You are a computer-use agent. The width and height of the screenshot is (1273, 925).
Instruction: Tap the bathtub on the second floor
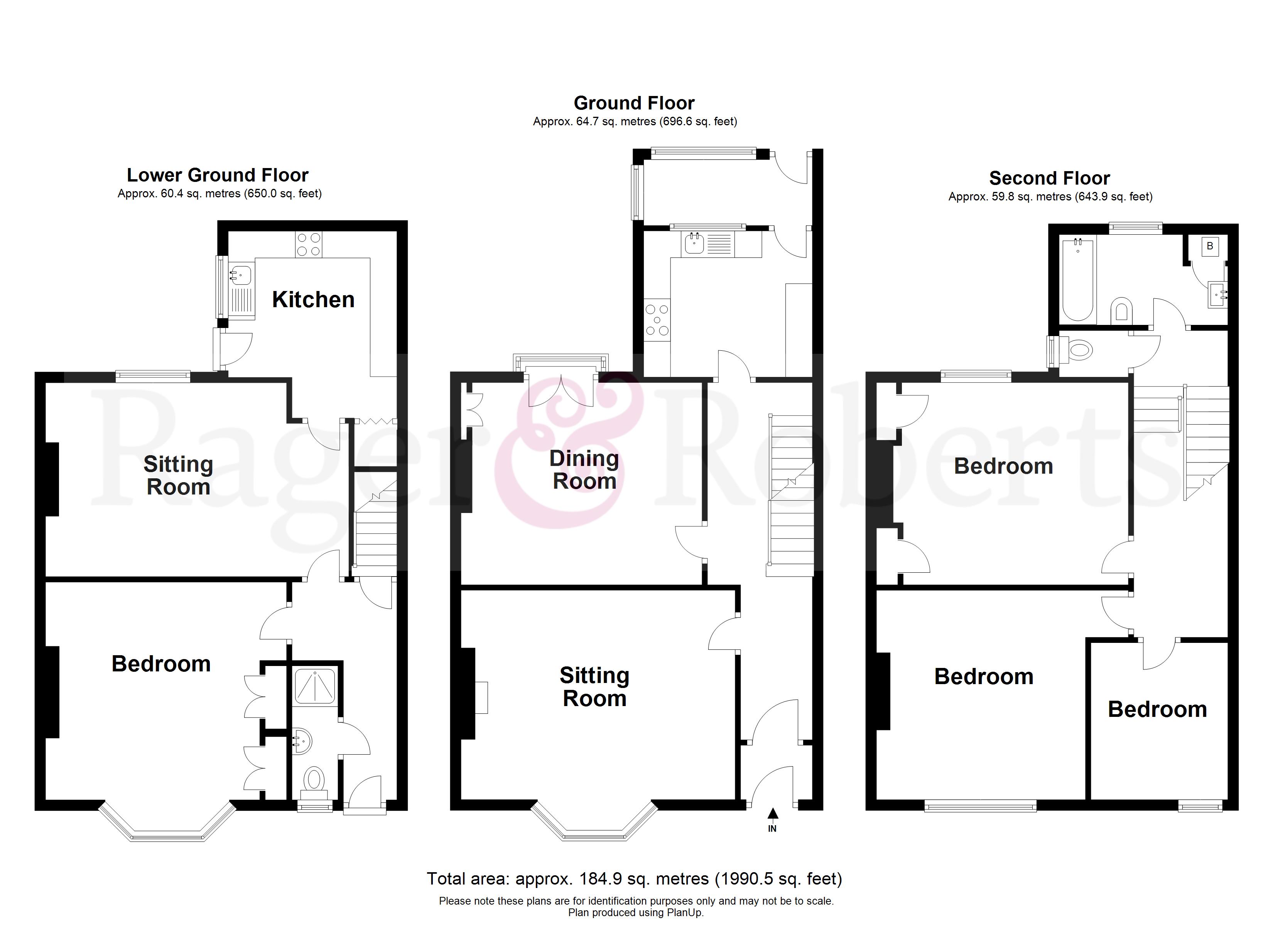(1078, 281)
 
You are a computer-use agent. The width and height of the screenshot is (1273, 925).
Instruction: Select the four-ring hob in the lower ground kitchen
(308, 245)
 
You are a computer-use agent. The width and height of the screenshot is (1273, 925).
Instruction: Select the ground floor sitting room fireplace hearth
(481, 697)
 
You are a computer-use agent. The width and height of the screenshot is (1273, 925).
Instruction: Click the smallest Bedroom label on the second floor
(1157, 710)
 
